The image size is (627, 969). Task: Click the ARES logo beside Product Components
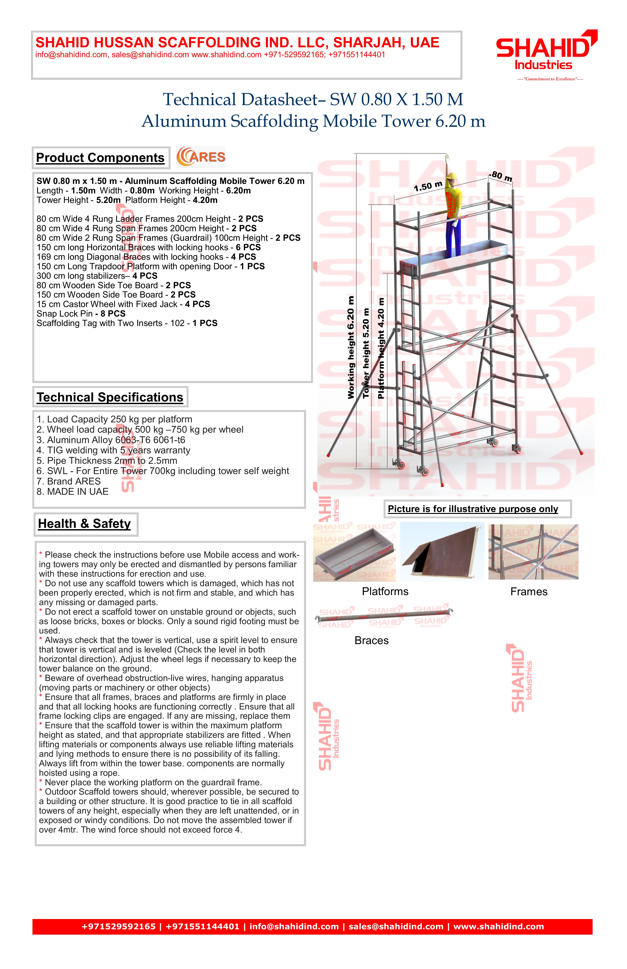201,157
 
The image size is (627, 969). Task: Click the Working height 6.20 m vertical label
351,347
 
